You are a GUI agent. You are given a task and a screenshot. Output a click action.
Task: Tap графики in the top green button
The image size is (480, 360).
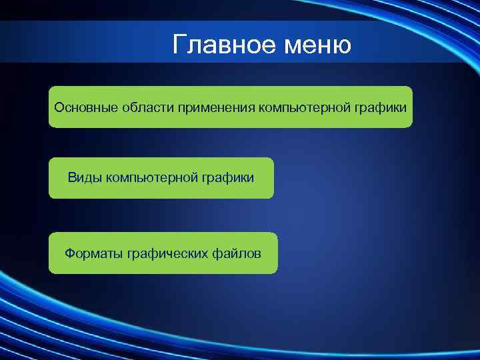point(382,107)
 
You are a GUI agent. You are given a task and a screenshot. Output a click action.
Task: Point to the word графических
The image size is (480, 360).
point(162,253)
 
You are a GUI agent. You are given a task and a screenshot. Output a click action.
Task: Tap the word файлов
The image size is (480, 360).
point(236,253)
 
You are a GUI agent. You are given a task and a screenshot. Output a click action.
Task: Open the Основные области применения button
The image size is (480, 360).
point(230,107)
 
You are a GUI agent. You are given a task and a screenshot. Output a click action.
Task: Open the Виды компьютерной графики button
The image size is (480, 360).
point(161,178)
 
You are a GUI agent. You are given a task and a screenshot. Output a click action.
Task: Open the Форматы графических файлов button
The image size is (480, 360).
point(163,253)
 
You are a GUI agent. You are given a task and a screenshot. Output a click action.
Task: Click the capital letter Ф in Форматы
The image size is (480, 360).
point(69,253)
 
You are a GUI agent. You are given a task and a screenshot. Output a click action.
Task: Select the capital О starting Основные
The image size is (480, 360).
point(59,107)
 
